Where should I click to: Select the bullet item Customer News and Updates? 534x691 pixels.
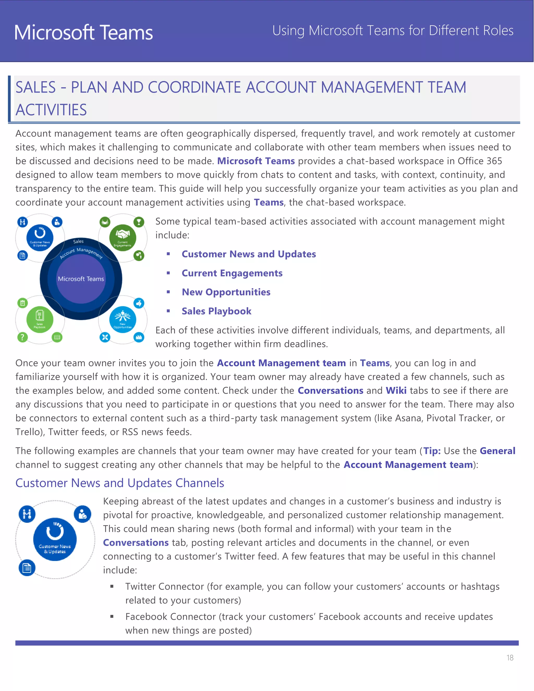pos(249,254)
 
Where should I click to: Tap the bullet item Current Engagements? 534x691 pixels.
pos(232,273)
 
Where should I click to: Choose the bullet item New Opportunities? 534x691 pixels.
pos(226,292)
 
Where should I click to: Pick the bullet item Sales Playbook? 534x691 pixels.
pos(216,311)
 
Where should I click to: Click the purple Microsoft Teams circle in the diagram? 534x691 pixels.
pos(81,279)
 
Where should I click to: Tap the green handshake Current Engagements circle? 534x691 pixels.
pos(123,238)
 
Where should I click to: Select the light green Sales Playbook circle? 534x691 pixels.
pos(40,320)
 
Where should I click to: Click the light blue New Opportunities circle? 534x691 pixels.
pos(123,320)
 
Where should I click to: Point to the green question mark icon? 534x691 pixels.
pos(22,337)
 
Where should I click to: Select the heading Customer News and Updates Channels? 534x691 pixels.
pos(120,483)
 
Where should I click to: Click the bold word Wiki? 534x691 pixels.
pos(396,390)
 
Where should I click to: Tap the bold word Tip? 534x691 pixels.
pos(432,451)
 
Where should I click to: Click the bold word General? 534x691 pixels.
pos(497,451)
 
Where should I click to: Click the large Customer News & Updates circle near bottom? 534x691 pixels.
pos(55,540)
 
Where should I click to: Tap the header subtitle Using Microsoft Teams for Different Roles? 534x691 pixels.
pos(393,31)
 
